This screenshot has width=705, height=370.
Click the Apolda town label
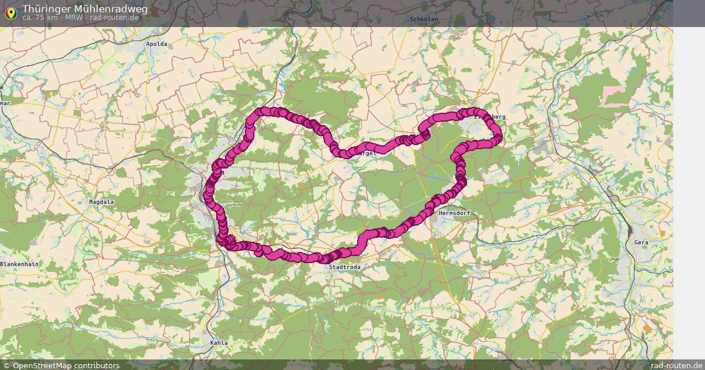click(157, 44)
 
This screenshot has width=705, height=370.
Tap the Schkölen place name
click(424, 19)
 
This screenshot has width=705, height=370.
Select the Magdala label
click(101, 201)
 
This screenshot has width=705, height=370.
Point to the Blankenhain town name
click(19, 264)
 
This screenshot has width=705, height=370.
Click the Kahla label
click(219, 342)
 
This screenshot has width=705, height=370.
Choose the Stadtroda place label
click(345, 267)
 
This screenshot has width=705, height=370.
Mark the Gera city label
click(641, 242)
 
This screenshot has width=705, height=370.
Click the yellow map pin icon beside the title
click(10, 12)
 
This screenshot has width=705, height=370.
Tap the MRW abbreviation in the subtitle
click(73, 18)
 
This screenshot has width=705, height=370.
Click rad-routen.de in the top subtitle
click(115, 18)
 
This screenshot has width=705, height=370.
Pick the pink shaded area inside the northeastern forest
click(615, 95)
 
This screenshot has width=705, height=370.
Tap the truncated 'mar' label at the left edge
click(5, 103)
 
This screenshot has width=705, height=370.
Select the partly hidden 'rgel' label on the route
click(368, 153)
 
